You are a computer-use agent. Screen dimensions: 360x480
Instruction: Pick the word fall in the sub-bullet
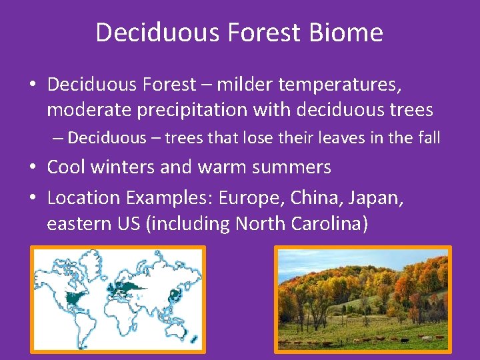428,138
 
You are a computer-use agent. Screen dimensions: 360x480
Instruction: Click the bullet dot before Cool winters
33,167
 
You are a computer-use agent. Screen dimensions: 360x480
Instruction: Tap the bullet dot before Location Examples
33,199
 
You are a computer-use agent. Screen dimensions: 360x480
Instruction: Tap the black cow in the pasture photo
403,340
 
